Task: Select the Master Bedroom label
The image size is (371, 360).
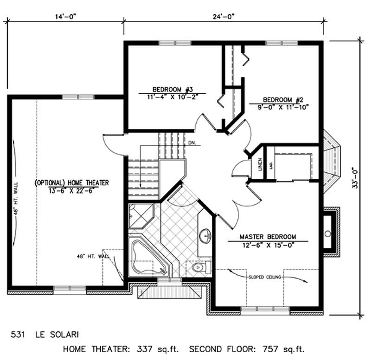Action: point(268,236)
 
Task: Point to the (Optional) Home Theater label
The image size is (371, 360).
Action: point(72,183)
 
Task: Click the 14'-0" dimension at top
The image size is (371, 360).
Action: point(64,16)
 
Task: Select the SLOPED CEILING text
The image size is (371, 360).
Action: point(263,277)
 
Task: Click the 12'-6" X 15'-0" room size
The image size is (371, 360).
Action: point(268,245)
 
